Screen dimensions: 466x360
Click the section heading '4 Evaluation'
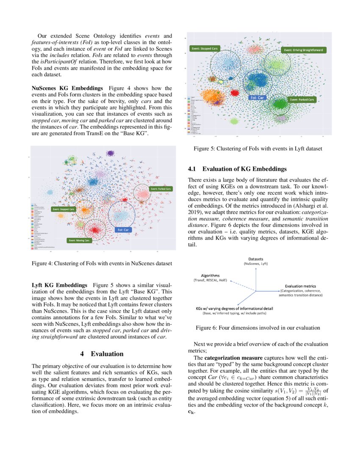[x=102, y=354]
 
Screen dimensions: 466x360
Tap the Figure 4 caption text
[x=102, y=264]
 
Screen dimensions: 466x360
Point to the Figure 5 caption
[x=258, y=149]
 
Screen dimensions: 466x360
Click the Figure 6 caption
[x=258, y=327]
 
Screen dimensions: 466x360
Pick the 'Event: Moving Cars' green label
[x=79, y=240]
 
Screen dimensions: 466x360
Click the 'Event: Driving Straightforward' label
[x=304, y=50]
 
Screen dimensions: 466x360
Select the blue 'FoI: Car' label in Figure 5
[x=258, y=97]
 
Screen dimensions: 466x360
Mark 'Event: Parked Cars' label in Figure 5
[x=302, y=100]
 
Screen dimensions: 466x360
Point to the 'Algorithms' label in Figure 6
[x=210, y=275]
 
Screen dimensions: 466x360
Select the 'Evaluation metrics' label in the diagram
[x=300, y=286]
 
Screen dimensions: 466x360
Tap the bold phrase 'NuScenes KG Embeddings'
[x=67, y=88]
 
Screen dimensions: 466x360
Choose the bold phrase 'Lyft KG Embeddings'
[x=60, y=285]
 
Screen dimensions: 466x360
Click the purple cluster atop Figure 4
[x=111, y=153]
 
